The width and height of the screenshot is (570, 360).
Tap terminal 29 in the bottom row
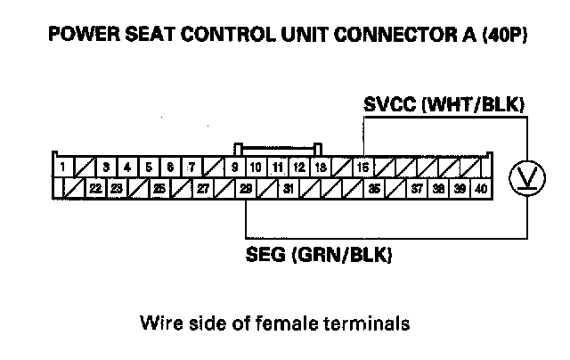[x=246, y=188]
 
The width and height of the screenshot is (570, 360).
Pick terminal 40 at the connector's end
[x=482, y=188]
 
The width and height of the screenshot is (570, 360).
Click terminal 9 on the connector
[x=234, y=167]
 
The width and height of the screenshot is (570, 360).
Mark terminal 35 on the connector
[x=374, y=188]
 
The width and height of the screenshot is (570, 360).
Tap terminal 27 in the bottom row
[x=202, y=188]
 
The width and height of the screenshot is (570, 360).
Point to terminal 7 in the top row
[x=191, y=167]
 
